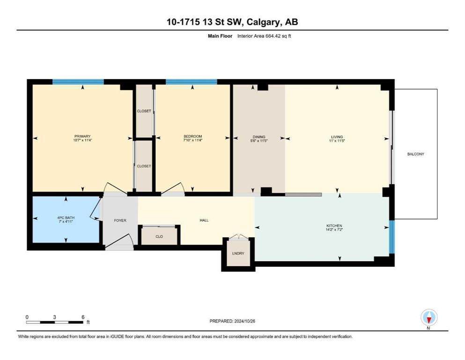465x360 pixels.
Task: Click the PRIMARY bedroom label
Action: [81, 136]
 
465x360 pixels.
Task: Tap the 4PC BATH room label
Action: [66, 217]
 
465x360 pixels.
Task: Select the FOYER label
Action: [120, 220]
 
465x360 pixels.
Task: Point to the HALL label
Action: [204, 220]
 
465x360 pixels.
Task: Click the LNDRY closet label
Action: [238, 254]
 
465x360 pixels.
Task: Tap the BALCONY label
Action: [415, 154]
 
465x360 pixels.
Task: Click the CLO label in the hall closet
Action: [159, 237]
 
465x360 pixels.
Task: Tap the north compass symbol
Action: [428, 318]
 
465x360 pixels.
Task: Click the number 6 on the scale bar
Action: [83, 317]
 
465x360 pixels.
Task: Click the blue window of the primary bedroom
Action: [78, 82]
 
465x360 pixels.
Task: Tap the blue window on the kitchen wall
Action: [392, 237]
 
